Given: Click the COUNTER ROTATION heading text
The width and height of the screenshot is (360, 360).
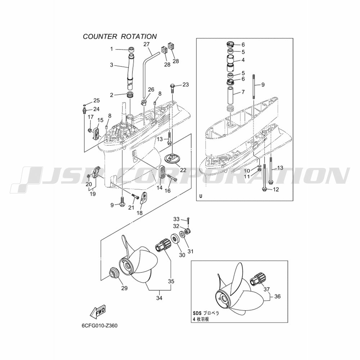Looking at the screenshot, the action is (x=120, y=36).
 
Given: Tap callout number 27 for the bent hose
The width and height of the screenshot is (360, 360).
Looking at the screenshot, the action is (x=147, y=44).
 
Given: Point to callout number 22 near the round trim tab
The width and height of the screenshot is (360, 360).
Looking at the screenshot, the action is (x=183, y=170).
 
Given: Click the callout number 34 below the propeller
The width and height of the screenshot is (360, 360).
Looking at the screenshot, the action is (x=159, y=298).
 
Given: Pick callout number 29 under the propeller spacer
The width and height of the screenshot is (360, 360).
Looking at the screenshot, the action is (x=124, y=288).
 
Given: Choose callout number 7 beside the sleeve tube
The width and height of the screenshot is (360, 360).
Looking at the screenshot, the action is (x=243, y=92).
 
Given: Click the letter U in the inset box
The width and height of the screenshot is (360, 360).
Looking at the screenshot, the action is (x=201, y=196).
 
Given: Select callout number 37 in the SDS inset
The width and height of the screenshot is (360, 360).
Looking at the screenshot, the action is (x=266, y=289).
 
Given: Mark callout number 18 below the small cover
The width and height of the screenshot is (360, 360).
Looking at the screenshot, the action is (x=139, y=213).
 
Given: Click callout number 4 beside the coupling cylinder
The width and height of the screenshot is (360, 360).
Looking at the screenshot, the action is (x=243, y=60).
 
